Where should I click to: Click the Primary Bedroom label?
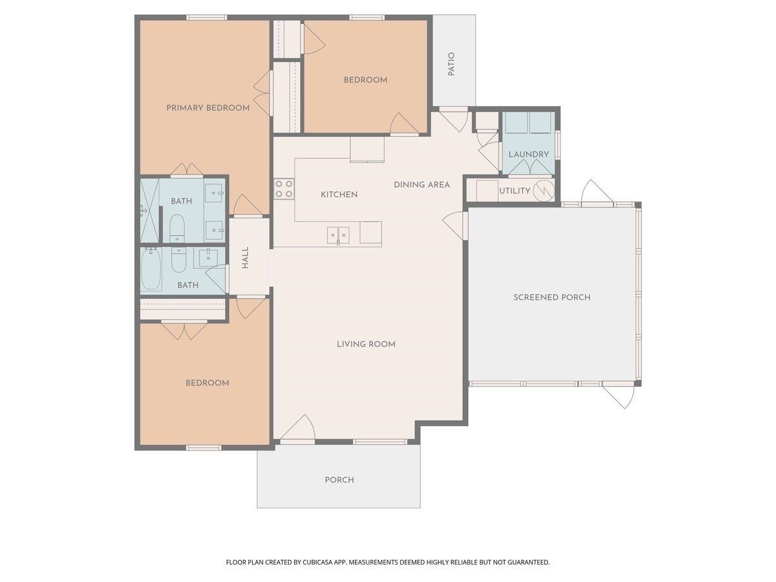click(x=208, y=108)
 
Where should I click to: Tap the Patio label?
click(x=451, y=64)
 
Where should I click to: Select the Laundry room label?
click(x=528, y=154)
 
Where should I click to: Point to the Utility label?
click(x=514, y=191)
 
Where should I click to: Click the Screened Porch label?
click(x=552, y=297)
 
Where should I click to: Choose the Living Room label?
click(x=366, y=344)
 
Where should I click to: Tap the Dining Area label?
click(x=422, y=184)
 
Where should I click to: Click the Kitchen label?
click(x=339, y=195)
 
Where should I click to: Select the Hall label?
click(x=245, y=257)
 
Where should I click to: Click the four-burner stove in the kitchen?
click(x=284, y=189)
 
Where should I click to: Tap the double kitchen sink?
click(x=338, y=235)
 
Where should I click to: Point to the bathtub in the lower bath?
click(x=151, y=268)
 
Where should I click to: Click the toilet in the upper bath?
click(x=177, y=226)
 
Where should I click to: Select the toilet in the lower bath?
click(x=178, y=259)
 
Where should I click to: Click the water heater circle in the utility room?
click(x=543, y=191)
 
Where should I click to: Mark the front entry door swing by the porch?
click(x=297, y=429)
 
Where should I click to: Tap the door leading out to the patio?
click(x=454, y=121)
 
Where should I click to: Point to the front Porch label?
click(x=339, y=480)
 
